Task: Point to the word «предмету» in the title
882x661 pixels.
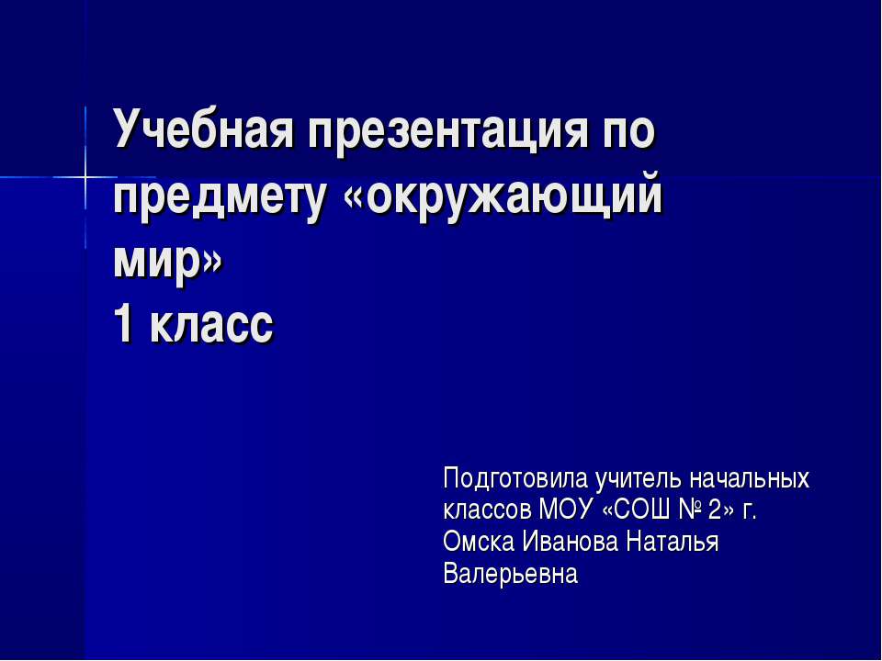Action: tap(220, 199)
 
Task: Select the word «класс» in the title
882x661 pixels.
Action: tap(212, 327)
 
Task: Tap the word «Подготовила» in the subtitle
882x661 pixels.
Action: tap(515, 479)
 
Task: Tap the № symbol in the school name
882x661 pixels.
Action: tap(691, 510)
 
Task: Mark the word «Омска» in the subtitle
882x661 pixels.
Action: tap(479, 543)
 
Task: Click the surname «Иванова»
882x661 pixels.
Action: tap(571, 543)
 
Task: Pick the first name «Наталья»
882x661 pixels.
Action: tap(673, 543)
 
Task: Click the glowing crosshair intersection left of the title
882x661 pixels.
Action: tap(85, 177)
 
